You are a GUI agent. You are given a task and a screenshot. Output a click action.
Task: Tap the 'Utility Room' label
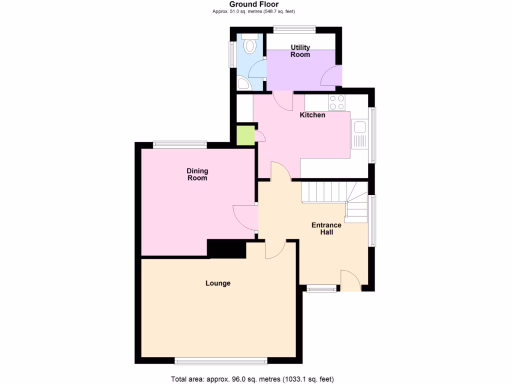[x=300, y=51]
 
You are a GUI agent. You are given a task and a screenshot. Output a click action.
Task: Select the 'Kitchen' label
[x=312, y=115]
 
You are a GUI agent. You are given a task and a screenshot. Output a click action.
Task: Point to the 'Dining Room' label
[x=197, y=174]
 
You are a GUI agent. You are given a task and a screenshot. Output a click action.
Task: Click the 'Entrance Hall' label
[x=326, y=228]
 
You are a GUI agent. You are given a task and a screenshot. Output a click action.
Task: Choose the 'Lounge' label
[x=218, y=283]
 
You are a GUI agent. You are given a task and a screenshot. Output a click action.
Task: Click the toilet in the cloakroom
[x=249, y=45]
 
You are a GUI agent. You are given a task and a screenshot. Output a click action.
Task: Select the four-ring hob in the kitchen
[x=336, y=102]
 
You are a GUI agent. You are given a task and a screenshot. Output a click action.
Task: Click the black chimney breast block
[x=226, y=248]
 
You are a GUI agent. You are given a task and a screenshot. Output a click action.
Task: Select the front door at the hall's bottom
[x=350, y=281]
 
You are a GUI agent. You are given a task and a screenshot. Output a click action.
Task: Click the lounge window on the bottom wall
[x=220, y=360]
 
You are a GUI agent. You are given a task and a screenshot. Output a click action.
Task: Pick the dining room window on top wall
[x=179, y=145]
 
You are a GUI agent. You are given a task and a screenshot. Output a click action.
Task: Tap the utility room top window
[x=294, y=30]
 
